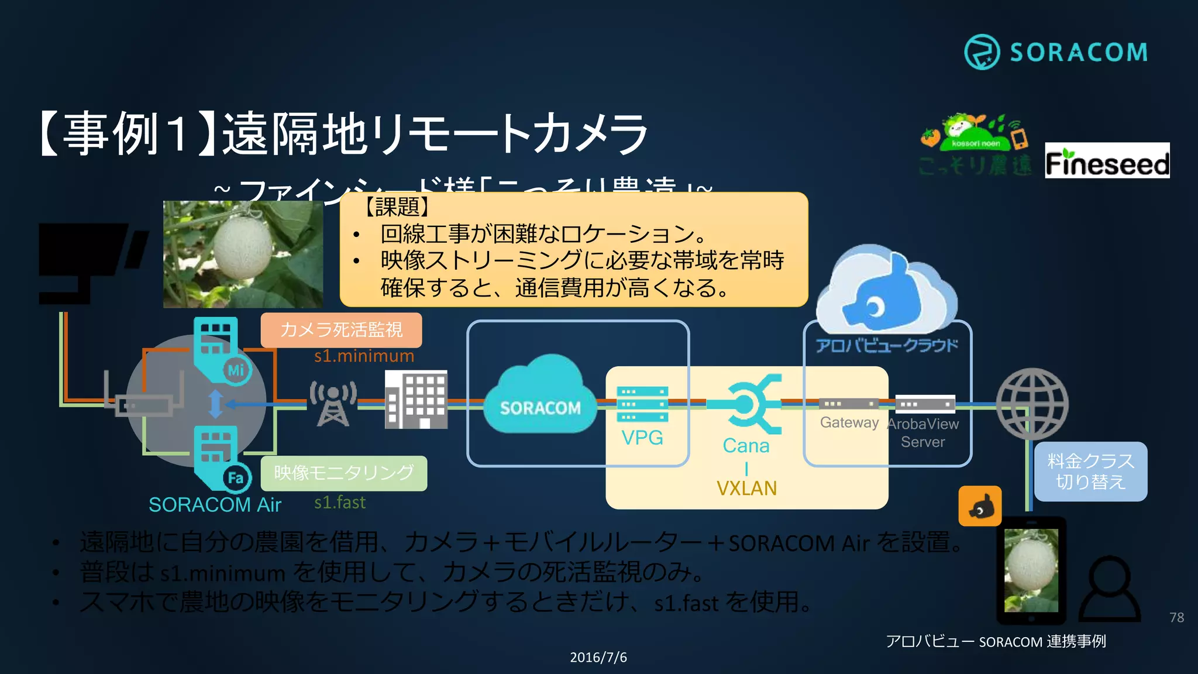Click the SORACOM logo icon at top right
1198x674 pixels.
click(x=982, y=52)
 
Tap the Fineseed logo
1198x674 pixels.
click(x=1107, y=161)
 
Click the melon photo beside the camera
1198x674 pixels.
click(x=243, y=255)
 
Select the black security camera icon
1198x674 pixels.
click(x=88, y=260)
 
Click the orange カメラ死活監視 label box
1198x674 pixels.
click(x=341, y=330)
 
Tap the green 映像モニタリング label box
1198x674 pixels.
click(x=343, y=473)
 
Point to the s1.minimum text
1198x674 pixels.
click(x=364, y=356)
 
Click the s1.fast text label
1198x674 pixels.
click(x=340, y=503)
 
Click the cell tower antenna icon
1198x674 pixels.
click(x=333, y=403)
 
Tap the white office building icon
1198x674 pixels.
click(x=416, y=400)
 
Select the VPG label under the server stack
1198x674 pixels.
click(x=642, y=438)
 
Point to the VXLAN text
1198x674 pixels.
click(x=746, y=489)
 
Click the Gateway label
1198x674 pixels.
click(x=849, y=422)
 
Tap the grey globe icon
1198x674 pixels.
click(x=1032, y=404)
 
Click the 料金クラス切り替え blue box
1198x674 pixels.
click(x=1090, y=472)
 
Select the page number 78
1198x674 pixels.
click(x=1176, y=617)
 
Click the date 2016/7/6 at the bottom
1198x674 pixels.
click(x=598, y=658)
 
